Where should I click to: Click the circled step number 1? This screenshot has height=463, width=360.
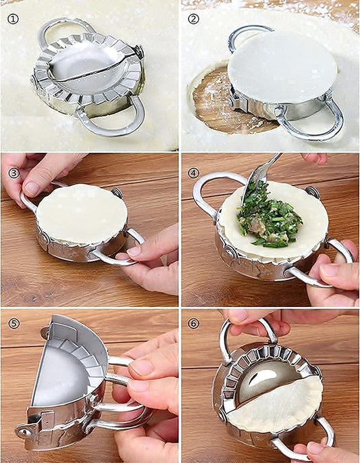click(x=13, y=18)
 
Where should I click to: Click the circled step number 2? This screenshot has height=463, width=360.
click(x=194, y=18)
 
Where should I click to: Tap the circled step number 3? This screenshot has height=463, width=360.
click(x=13, y=172)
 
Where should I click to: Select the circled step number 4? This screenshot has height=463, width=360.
click(x=194, y=172)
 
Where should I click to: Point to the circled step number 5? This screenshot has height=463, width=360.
click(x=13, y=323)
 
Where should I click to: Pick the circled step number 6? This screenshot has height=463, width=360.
click(x=194, y=323)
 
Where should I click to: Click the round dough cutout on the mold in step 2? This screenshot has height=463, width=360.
click(x=282, y=66)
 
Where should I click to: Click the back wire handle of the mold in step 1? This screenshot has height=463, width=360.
click(x=64, y=26)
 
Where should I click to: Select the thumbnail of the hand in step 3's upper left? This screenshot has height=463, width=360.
click(x=31, y=189)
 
